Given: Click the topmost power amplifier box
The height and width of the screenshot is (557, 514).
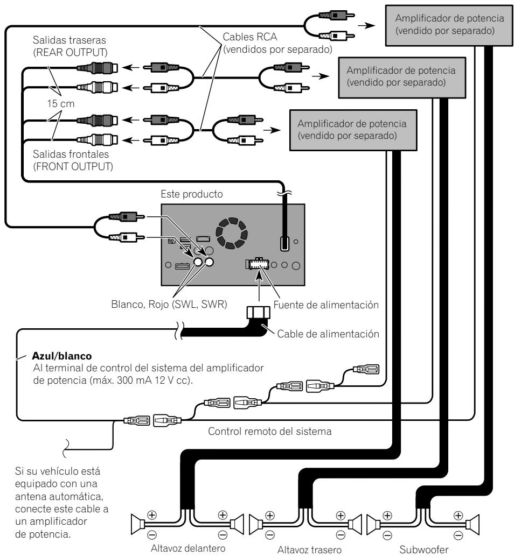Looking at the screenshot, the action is (449, 26).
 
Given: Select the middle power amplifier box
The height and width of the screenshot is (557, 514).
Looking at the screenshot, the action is (402, 77).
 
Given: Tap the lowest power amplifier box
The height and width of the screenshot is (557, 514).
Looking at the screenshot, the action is (353, 130).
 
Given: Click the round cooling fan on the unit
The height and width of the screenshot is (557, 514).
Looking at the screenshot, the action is (232, 233).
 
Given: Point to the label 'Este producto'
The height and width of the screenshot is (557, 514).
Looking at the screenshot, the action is (192, 194).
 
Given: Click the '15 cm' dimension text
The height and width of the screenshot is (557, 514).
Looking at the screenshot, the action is (61, 104).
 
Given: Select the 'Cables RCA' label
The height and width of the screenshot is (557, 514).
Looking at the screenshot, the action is (249, 37).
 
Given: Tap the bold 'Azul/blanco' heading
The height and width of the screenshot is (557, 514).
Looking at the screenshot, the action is (62, 356).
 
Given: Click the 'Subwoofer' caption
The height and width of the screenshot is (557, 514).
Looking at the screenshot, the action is (423, 549).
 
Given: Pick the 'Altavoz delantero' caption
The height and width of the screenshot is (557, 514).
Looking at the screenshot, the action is (188, 548).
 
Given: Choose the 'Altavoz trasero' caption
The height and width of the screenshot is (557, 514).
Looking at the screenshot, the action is (309, 550).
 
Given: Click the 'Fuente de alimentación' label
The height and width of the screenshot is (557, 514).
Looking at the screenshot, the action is (326, 305).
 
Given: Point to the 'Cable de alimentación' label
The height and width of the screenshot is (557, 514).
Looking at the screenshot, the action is (328, 334).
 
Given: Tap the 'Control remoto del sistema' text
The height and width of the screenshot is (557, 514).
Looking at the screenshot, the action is (269, 431).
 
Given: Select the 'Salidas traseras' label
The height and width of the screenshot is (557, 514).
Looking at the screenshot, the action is (70, 40).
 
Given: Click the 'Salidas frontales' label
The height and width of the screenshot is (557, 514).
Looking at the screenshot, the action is (71, 154).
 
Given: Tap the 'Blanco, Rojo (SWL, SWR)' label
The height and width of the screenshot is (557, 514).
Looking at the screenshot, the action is (169, 305).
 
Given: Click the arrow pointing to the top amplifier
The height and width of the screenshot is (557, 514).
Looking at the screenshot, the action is (366, 26).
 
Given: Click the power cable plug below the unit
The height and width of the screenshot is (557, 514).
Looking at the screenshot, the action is (259, 313).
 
